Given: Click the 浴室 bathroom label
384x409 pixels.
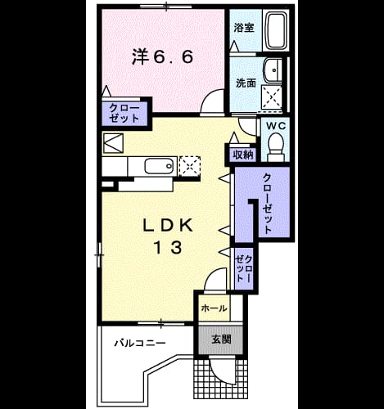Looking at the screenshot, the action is tap(244, 28).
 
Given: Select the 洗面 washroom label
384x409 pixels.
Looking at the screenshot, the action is tap(246, 83).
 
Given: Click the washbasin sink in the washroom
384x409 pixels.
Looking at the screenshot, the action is tap(273, 70).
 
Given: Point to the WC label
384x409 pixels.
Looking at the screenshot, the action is tap(276, 126).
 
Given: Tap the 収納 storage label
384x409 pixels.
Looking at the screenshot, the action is tap(243, 155).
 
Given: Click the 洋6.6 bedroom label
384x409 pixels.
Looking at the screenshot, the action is tap(163, 57).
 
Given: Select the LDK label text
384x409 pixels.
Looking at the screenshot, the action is tap(168, 225).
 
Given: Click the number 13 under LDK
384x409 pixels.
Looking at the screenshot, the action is tap(168, 247).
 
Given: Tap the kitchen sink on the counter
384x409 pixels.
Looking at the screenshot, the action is tap(160, 165).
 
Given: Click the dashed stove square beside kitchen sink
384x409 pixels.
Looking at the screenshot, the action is tap(189, 165).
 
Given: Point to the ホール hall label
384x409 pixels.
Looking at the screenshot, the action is tap(214, 308).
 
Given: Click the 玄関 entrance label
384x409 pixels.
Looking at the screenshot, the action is tap(222, 339).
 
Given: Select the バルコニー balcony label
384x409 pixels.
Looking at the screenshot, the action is tap(140, 342).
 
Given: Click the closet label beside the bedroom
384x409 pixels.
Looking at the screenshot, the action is tap(124, 113).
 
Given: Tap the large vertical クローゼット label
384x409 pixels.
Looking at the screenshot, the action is tap(267, 204).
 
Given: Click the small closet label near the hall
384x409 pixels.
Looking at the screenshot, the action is tap(244, 268).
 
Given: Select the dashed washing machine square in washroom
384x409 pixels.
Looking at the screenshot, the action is tap(271, 97).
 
